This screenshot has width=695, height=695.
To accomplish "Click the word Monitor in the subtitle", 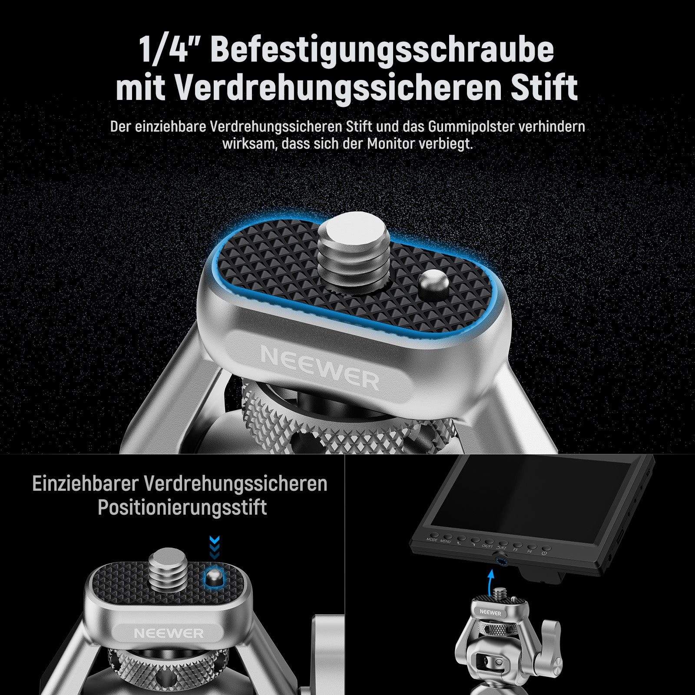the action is pyautogui.click(x=391, y=144).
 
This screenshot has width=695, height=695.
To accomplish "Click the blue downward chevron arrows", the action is pyautogui.click(x=215, y=547).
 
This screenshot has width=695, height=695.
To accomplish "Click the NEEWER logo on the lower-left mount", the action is pyautogui.click(x=169, y=633).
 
